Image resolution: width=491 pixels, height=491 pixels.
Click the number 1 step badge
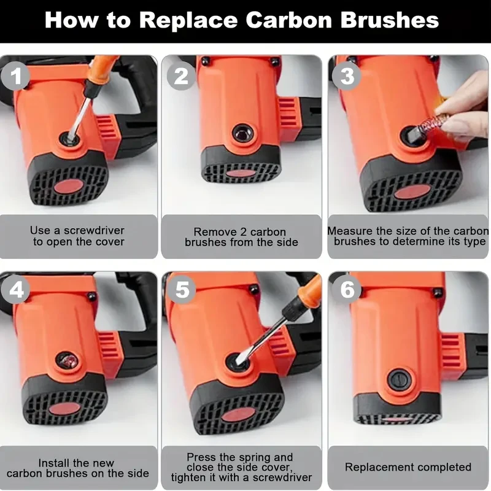pyautogui.click(x=15, y=75)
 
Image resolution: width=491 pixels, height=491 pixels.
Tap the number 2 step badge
pyautogui.click(x=181, y=75)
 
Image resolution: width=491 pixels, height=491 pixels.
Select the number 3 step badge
pyautogui.click(x=347, y=75)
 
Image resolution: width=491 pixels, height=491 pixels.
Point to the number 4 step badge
pyautogui.click(x=16, y=289)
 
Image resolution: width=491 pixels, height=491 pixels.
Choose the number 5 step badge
pyautogui.click(x=182, y=289)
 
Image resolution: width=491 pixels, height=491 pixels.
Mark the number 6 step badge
pyautogui.click(x=347, y=289)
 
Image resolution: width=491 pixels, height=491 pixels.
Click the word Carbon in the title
pyautogui.click(x=288, y=20)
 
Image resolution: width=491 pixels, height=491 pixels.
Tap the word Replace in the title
pyautogui.click(x=188, y=21)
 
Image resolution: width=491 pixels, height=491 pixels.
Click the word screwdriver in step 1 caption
pyautogui.click(x=94, y=231)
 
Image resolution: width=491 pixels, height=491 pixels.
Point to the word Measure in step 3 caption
pyautogui.click(x=350, y=231)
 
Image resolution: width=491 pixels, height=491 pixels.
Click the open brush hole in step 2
pyautogui.click(x=242, y=134)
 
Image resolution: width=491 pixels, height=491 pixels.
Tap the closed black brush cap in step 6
pyautogui.click(x=399, y=380)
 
